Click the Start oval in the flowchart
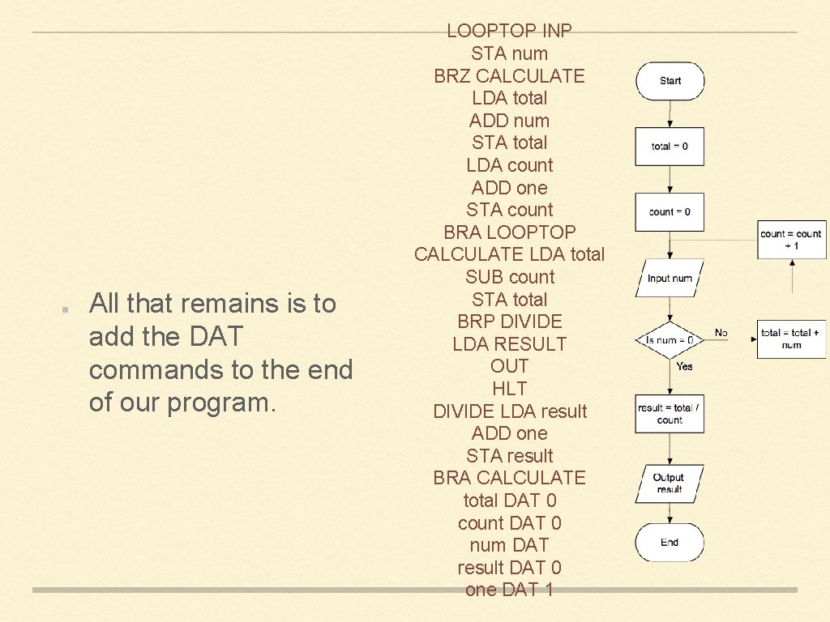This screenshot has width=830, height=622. (x=670, y=81)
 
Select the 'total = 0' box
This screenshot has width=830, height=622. (x=670, y=147)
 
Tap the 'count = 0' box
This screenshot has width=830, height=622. (x=670, y=212)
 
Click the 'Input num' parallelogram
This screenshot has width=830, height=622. (x=670, y=278)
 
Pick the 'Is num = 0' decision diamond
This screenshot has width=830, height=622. (x=670, y=340)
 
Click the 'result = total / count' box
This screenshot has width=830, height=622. (x=670, y=414)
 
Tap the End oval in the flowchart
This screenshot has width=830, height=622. (x=670, y=543)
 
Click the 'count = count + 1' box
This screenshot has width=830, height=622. (x=791, y=239)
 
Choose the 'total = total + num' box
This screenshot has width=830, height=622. (x=791, y=339)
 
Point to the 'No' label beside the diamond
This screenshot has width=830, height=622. (x=721, y=333)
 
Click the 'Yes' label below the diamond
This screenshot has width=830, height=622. (x=684, y=366)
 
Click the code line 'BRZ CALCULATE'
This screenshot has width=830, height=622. (x=509, y=76)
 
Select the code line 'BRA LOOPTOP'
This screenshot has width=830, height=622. (x=509, y=232)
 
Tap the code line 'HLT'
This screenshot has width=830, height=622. (x=509, y=389)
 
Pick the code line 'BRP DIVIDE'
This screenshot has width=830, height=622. (x=509, y=322)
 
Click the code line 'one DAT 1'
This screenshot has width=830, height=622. (x=509, y=590)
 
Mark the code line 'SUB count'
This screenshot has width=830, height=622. (x=509, y=277)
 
